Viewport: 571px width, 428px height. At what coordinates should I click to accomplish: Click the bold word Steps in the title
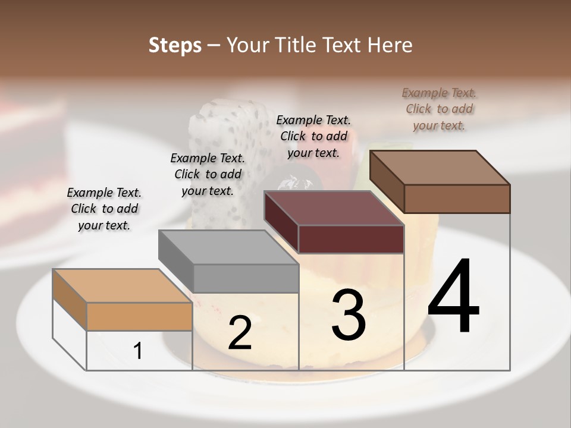[175, 45]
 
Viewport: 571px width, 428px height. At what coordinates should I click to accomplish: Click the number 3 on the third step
[349, 315]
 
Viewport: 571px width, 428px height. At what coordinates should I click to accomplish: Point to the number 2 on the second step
[240, 333]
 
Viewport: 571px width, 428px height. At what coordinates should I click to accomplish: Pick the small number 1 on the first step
[138, 351]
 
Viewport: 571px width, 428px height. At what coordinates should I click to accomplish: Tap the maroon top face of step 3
[334, 209]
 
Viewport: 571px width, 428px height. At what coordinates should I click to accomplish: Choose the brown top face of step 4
[440, 168]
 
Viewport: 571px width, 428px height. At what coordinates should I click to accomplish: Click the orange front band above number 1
[139, 316]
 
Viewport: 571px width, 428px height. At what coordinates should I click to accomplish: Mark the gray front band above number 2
[246, 278]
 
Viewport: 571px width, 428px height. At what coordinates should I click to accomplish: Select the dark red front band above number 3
[351, 239]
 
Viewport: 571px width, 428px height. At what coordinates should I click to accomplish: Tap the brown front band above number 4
[457, 199]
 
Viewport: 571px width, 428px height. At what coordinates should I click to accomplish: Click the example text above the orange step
[104, 209]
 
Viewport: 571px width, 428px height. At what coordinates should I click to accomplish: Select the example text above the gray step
[208, 174]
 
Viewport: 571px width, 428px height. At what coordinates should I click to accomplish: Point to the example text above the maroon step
[313, 136]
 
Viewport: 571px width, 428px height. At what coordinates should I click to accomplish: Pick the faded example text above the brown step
[439, 109]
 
